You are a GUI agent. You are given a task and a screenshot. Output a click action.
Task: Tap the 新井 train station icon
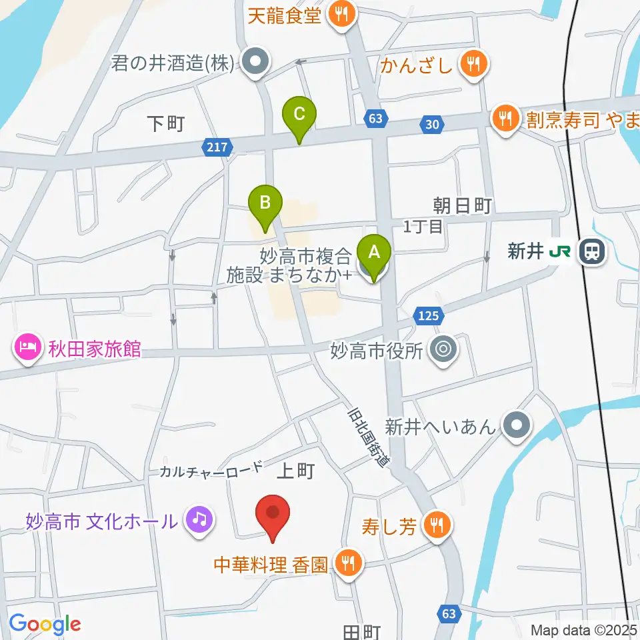[x=591, y=251]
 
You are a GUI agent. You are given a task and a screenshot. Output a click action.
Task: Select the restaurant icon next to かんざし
[x=474, y=65]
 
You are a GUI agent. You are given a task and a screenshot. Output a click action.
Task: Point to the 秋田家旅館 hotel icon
[x=26, y=348]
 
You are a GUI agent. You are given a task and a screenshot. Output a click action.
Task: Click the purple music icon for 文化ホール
[x=198, y=519]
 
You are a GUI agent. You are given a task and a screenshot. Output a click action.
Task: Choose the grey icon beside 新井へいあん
[x=515, y=425]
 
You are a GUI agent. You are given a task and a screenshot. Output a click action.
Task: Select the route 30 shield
[x=431, y=123]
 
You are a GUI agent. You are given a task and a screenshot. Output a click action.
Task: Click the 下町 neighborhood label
[x=165, y=123]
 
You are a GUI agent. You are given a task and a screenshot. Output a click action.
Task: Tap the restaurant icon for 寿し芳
[x=437, y=527]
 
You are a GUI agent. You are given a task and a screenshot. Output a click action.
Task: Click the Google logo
[x=45, y=624]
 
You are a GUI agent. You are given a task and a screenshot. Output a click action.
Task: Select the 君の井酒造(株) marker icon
[x=254, y=64]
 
